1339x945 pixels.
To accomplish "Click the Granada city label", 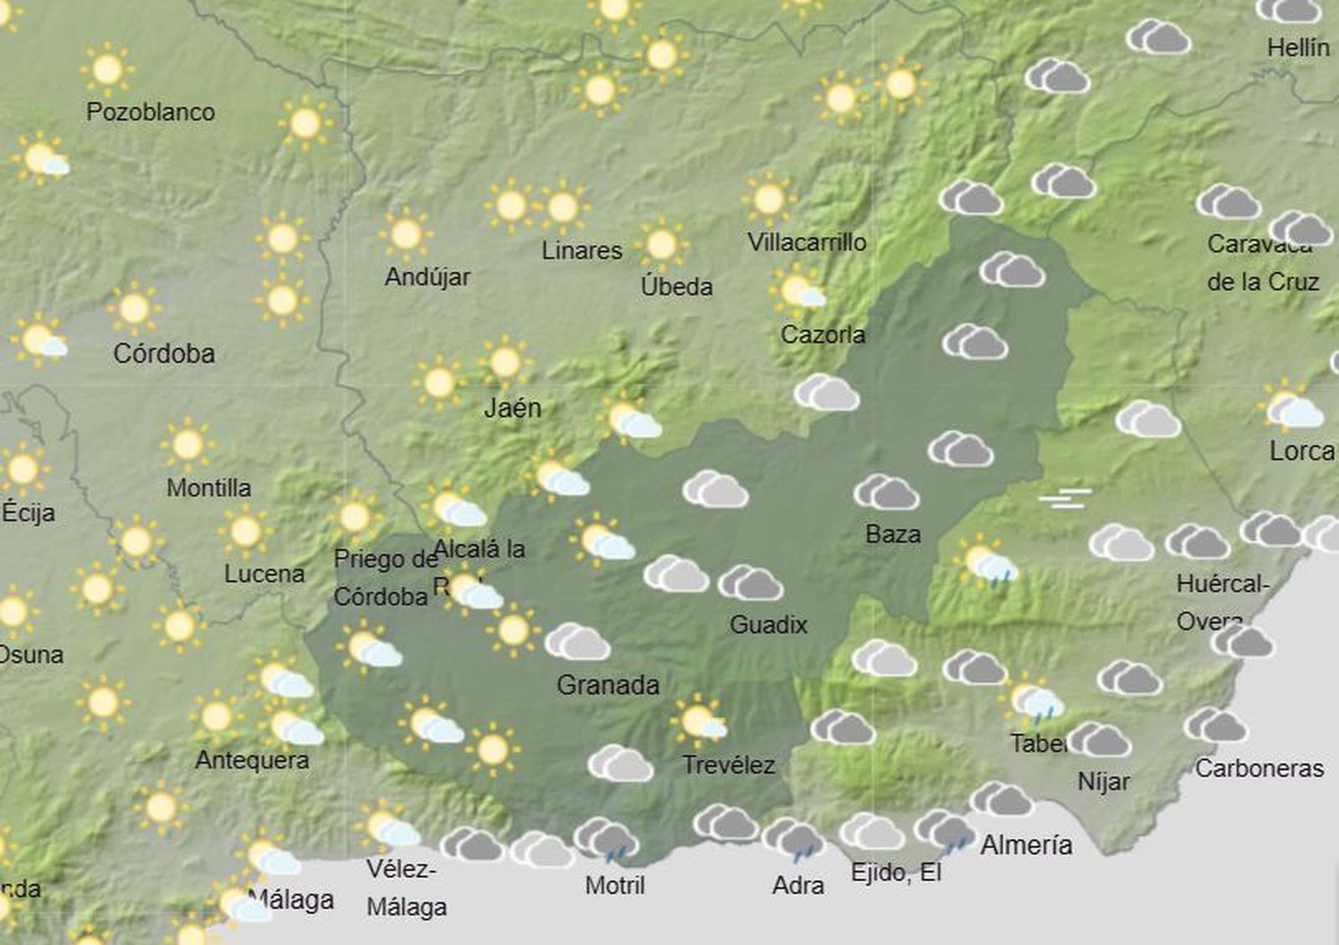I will pos(608,686).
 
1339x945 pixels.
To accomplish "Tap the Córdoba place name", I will pos(164,353).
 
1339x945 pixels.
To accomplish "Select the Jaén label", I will pos(512,408).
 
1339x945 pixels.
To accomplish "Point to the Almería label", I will pos(1026,845).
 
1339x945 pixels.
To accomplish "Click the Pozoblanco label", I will pos(151,111).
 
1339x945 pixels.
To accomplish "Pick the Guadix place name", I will pos(768,624).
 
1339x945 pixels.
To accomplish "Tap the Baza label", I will pos(893,534).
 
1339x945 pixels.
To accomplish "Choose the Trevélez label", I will pos(728,765).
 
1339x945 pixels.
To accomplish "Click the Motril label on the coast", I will pos(615,885).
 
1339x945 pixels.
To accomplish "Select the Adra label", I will pos(798,885).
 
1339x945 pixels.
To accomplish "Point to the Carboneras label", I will pos(1259,768).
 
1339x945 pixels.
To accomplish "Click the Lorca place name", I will pos(1301,451).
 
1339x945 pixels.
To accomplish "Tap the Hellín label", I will pos(1298,48).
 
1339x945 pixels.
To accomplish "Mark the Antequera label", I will pos(252,760).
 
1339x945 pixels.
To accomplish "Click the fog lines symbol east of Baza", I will pos(1065,499).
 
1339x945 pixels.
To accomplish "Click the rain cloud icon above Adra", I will pos(793,839).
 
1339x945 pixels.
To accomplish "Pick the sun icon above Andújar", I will pos(406,234).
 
